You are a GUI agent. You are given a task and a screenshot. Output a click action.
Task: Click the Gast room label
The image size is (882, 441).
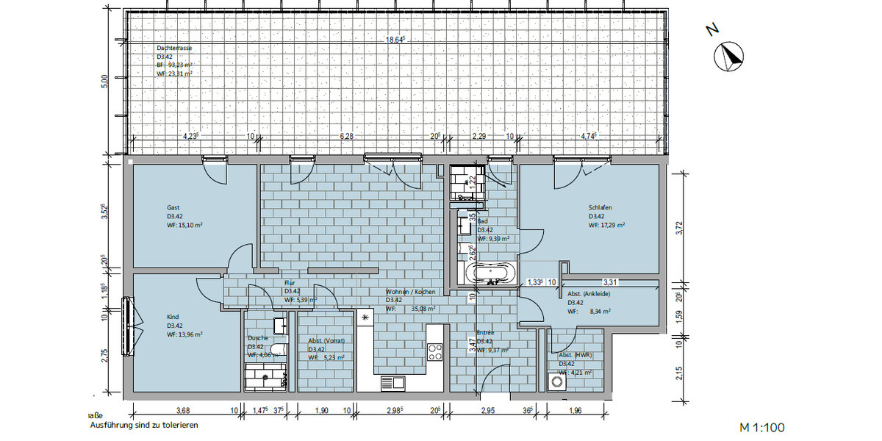point(173,207)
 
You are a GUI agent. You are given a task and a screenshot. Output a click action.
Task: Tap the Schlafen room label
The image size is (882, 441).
point(600,207)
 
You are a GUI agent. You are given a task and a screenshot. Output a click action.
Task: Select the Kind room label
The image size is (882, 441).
point(173,317)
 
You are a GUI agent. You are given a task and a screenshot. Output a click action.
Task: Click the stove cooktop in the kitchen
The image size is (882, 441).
point(434,352)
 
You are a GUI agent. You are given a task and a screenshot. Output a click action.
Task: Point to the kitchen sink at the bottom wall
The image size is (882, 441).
point(392,382)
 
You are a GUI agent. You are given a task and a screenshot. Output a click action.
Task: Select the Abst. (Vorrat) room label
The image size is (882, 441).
point(326,340)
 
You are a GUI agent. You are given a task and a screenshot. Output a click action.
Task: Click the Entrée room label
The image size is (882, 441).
point(485,333)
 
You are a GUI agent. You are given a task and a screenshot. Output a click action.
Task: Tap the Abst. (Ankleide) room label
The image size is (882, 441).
point(589,293)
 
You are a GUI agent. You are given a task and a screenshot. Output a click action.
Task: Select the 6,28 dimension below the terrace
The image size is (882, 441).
point(347,136)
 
